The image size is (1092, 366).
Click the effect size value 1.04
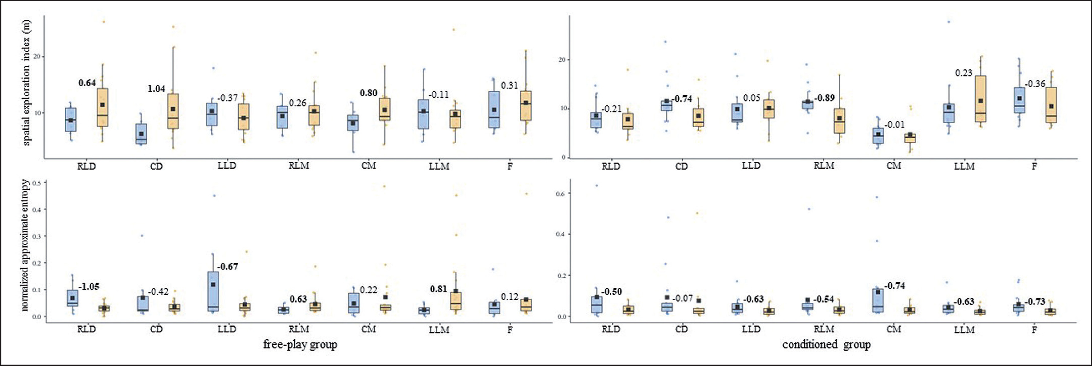(x=156, y=89)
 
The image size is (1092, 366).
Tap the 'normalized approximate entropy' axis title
(x=25, y=245)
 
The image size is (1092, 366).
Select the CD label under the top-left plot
(x=156, y=166)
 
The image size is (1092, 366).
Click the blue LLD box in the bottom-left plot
(x=213, y=291)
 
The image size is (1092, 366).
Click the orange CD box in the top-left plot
(x=172, y=111)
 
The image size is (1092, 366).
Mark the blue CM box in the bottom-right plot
(x=878, y=300)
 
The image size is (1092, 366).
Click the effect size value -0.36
(x=1035, y=84)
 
